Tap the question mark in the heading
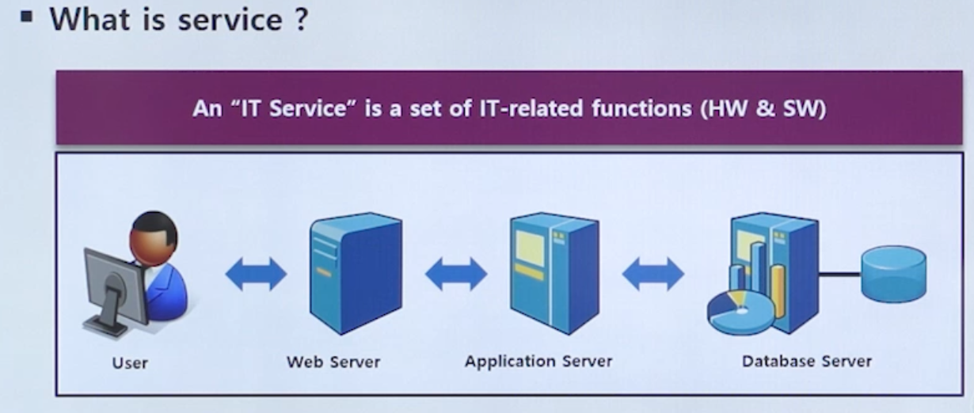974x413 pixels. tap(298, 18)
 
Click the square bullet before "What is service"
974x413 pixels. tap(28, 16)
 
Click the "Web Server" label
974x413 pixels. tap(333, 362)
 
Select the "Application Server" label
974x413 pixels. tap(538, 362)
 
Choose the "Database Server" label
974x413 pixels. tap(806, 362)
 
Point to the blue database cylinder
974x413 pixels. tap(893, 273)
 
